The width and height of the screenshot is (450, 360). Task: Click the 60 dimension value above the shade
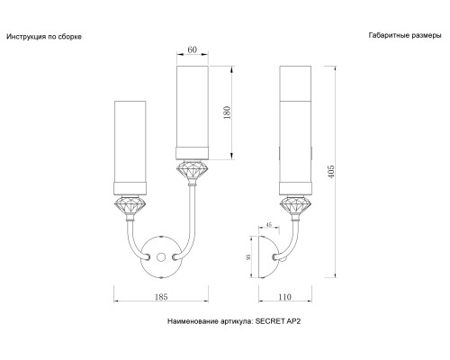193,49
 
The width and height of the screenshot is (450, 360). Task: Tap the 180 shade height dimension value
227,112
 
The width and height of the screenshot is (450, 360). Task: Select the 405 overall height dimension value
330,172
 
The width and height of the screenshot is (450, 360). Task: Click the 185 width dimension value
161,297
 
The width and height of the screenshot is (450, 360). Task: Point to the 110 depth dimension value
284,297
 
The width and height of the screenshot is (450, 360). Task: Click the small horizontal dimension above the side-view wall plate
269,225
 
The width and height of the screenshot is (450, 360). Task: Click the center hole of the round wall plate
161,256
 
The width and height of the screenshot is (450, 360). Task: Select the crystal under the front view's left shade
130,206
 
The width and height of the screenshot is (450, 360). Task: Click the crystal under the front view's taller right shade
193,170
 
